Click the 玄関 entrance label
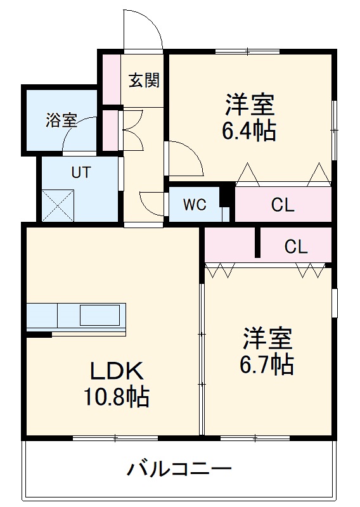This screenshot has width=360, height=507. [x=144, y=80]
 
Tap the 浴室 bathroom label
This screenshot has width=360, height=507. [x=61, y=120]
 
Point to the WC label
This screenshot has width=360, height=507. [x=195, y=205]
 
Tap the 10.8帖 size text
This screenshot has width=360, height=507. [x=117, y=397]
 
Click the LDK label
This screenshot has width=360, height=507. [x=117, y=370]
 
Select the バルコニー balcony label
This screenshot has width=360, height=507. [x=179, y=470]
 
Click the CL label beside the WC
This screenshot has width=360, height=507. [x=283, y=205]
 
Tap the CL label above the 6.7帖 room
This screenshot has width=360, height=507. [x=295, y=247]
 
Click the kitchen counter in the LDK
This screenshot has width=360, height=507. [x=76, y=316]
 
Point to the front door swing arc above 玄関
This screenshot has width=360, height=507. [x=142, y=29]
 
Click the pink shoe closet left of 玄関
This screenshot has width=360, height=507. [x=112, y=80]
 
